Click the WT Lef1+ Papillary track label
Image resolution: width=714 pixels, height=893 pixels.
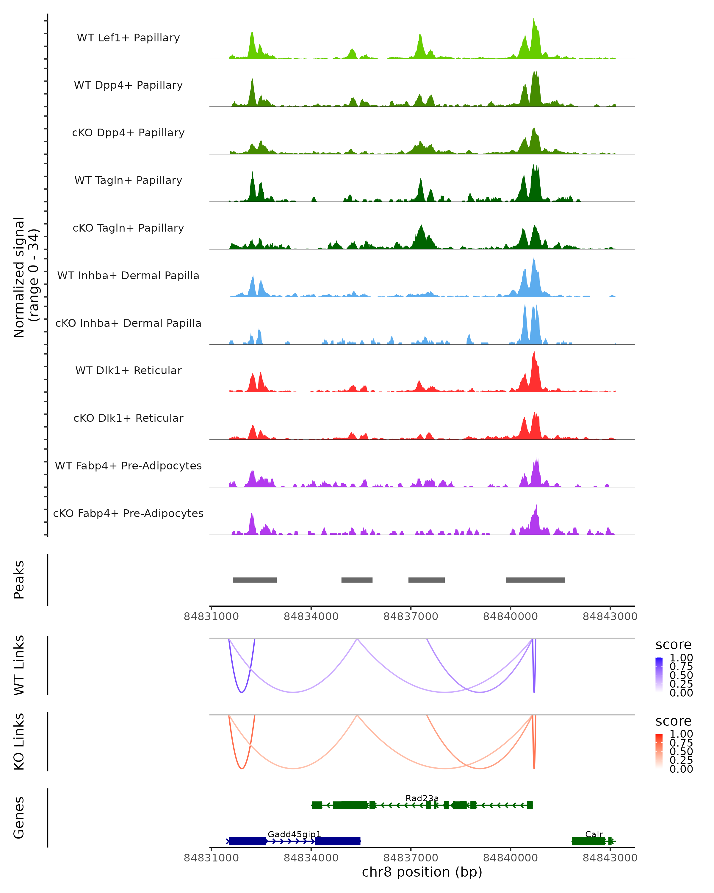click(x=128, y=38)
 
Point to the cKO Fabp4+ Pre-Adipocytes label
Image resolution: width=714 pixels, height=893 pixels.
click(x=128, y=513)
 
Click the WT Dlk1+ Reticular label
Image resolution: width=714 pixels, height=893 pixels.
click(x=128, y=370)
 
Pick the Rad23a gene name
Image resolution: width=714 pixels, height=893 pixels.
click(x=422, y=798)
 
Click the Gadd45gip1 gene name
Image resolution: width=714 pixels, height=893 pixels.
click(x=294, y=834)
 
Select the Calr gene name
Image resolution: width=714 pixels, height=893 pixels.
click(x=594, y=834)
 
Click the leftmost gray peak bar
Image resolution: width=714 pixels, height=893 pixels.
click(x=255, y=580)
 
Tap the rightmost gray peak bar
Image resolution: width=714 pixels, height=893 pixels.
click(x=535, y=580)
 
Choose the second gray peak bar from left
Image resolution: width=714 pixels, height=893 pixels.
click(x=357, y=580)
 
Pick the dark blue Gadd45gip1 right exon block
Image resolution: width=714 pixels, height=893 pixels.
click(x=337, y=841)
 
